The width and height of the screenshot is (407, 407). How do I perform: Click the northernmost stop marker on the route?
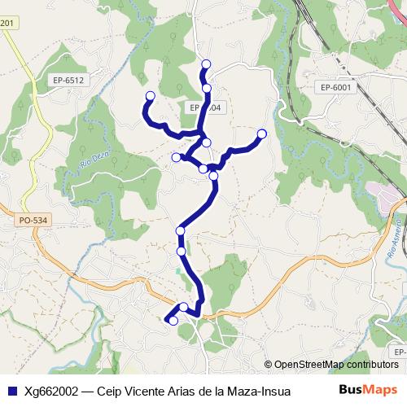tap(206, 64)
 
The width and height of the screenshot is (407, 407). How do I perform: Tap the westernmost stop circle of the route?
tap(150, 97)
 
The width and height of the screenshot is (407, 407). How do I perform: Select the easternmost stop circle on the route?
tap(261, 133)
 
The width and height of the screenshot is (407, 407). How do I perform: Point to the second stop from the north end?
tap(207, 88)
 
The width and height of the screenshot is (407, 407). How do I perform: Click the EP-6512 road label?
tap(68, 81)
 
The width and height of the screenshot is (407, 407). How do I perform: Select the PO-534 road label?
tap(33, 219)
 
